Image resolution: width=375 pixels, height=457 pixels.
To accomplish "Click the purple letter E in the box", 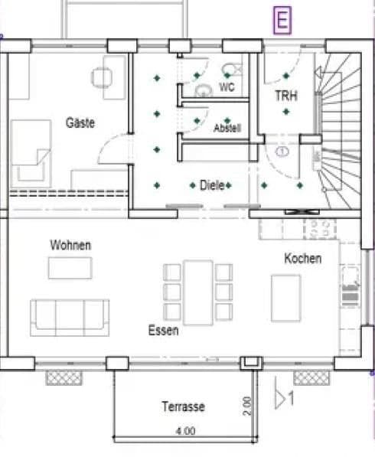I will [283, 21].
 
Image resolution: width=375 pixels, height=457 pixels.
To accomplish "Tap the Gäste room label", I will [80, 122].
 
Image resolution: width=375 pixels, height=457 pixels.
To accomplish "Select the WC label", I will [227, 88].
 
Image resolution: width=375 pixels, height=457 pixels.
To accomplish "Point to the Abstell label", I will [227, 128].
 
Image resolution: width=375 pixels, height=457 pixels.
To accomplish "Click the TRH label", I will [286, 96].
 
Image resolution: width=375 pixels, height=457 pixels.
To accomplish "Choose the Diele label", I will [211, 185].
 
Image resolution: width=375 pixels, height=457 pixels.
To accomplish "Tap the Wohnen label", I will [70, 245].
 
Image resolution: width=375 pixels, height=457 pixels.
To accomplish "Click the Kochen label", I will [302, 259].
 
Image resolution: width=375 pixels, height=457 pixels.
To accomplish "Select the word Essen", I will [164, 331].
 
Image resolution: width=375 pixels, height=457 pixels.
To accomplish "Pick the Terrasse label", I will [183, 407].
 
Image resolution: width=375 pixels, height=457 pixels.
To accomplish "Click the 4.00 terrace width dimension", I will [184, 432].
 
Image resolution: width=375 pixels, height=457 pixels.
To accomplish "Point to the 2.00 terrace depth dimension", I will [247, 406].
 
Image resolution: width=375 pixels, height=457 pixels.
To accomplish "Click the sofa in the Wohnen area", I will [70, 317].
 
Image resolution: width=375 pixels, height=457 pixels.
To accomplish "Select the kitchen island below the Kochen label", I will [286, 297].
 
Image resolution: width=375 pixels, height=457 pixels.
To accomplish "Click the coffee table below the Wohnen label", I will [70, 268].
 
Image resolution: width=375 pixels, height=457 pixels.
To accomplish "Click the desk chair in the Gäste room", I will [102, 77].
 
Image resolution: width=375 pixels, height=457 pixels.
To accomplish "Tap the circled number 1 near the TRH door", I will [282, 152].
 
